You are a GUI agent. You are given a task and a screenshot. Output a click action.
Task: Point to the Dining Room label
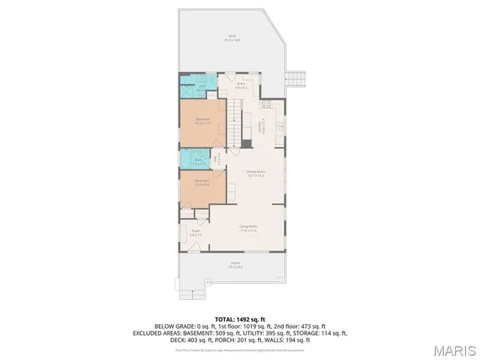click(256, 172)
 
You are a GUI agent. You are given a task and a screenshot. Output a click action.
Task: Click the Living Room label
click(248, 228)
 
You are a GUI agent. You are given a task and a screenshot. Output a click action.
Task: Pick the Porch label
click(235, 264)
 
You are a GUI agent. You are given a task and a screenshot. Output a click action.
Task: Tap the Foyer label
click(196, 233)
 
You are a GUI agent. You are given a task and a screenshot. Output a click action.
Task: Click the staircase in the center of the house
click(238, 124)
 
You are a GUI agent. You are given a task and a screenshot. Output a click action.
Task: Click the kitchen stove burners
click(279, 127)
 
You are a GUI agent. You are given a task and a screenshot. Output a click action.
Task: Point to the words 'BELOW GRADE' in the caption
click(172, 326)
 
